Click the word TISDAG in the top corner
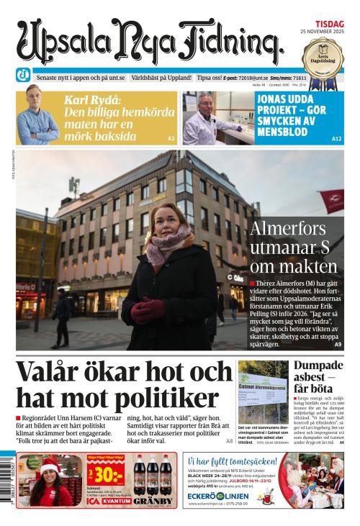[328, 23]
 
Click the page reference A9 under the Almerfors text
[338, 345]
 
